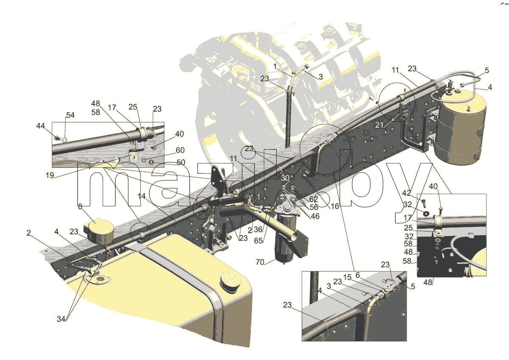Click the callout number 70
click(x=260, y=262)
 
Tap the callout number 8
click(x=80, y=206)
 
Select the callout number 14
click(x=141, y=196)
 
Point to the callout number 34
click(x=61, y=319)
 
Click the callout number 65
click(x=258, y=241)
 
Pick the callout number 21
click(x=379, y=125)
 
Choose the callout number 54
click(x=70, y=115)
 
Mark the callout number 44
click(x=41, y=126)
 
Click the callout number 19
click(x=50, y=175)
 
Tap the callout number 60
click(x=180, y=150)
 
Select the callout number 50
click(x=181, y=162)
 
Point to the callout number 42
click(x=406, y=193)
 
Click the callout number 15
click(x=347, y=277)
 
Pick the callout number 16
click(x=335, y=206)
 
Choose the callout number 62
click(x=313, y=199)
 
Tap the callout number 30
click(x=285, y=178)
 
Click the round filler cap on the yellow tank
click(x=230, y=281)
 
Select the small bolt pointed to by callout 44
click(x=58, y=138)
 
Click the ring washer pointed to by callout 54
click(x=65, y=139)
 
